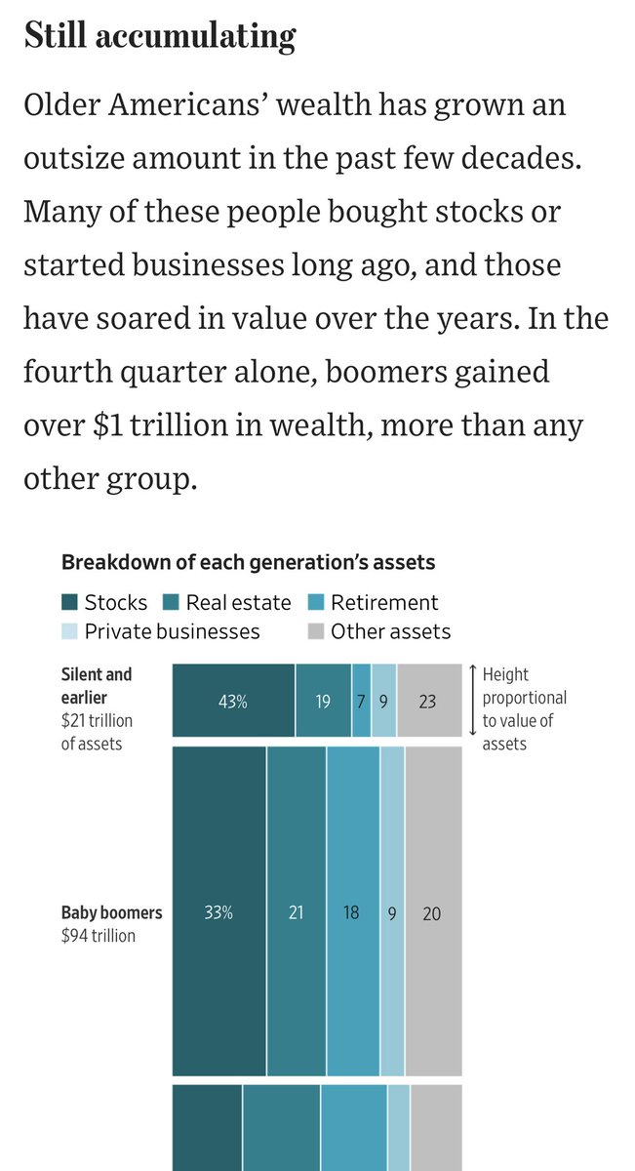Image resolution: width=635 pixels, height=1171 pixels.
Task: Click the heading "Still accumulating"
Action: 160,36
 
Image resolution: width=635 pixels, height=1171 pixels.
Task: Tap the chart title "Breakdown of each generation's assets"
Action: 249,562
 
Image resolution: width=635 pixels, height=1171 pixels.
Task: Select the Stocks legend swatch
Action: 69,602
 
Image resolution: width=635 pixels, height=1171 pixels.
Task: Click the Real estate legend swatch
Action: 171,602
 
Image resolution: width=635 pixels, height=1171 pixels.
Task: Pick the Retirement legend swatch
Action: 316,602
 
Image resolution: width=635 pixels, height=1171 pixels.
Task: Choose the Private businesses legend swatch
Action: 69,631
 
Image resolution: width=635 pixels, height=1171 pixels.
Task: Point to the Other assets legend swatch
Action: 316,631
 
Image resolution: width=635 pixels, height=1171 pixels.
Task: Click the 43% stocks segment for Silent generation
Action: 234,701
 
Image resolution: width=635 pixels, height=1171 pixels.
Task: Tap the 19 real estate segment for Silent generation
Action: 324,701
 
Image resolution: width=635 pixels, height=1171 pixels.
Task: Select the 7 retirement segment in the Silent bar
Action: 361,701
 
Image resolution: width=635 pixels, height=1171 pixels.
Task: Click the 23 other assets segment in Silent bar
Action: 429,701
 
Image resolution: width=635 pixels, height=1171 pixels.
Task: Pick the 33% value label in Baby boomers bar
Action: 218,912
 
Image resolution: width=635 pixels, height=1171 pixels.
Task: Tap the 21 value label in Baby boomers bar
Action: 296,912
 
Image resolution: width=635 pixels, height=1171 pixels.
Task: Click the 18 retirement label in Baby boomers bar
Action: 351,912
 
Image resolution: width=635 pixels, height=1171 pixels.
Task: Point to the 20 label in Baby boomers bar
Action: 432,913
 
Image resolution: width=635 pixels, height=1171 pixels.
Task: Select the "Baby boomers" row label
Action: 112,912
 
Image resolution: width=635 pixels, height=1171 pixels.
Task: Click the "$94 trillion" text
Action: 99,936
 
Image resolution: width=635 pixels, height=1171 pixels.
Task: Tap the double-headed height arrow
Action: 472,700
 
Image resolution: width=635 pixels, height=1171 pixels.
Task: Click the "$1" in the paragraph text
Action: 108,425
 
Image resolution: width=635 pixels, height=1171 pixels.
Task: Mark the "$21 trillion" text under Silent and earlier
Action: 97,721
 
